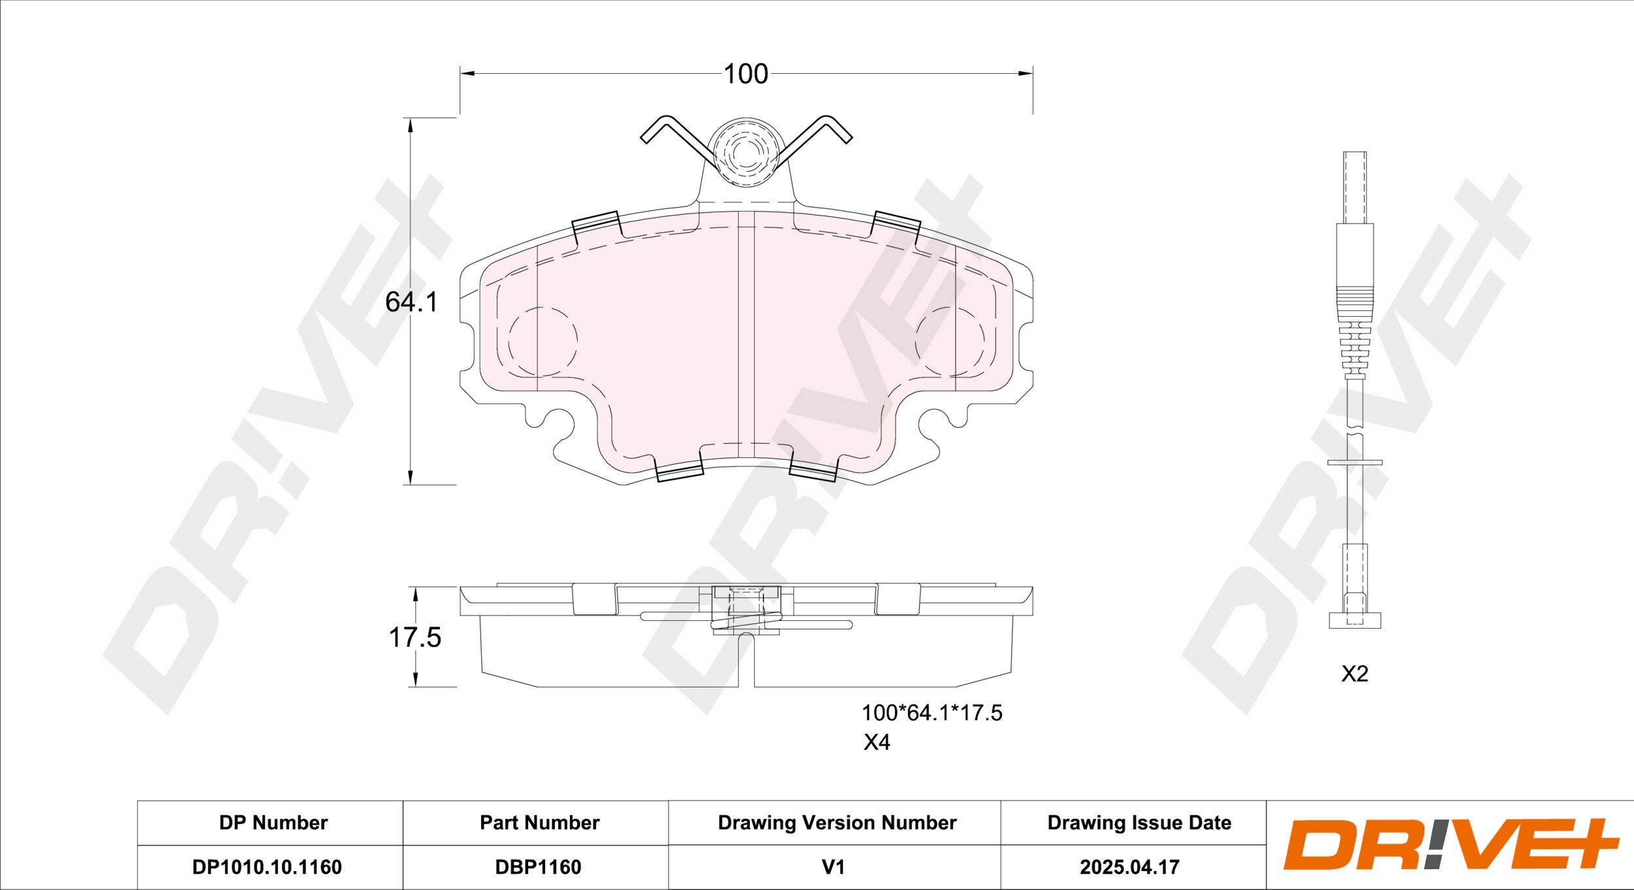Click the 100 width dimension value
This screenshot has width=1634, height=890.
746,74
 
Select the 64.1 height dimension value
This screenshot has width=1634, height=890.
411,302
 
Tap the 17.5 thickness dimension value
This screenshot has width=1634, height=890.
415,637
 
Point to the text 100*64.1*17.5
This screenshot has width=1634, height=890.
932,713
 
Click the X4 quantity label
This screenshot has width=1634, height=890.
876,743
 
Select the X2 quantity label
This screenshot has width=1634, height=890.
1354,674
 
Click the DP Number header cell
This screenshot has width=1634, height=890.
273,823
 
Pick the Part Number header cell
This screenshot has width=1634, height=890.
539,823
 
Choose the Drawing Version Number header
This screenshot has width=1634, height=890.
837,823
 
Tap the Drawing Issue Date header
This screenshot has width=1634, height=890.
1139,823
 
